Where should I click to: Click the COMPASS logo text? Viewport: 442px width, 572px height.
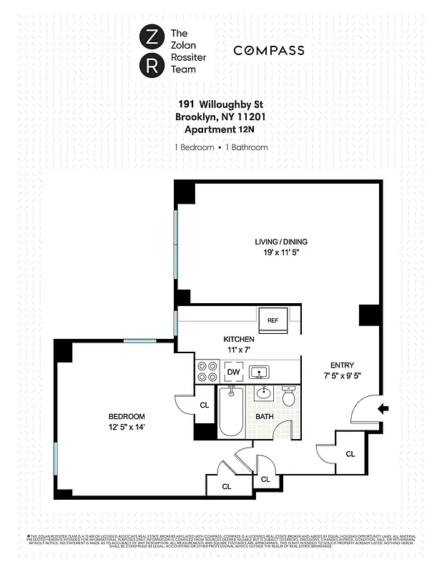(269, 50)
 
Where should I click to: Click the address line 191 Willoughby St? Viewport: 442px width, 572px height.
(220, 104)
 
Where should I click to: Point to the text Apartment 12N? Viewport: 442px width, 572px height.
(220, 129)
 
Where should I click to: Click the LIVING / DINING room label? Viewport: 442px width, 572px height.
(277, 242)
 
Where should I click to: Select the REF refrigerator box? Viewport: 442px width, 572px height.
(272, 320)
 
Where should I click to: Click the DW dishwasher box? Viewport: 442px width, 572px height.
(233, 372)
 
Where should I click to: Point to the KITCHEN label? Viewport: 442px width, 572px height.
(239, 339)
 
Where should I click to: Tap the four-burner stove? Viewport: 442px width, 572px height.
(207, 372)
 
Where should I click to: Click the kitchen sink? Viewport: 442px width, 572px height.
(258, 372)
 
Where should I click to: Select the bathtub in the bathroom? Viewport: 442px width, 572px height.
(231, 410)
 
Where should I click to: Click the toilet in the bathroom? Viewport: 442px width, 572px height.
(289, 397)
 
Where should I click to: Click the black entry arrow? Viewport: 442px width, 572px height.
(383, 409)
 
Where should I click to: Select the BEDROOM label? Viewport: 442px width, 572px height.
(127, 416)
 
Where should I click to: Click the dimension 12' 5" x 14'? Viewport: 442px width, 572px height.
(127, 428)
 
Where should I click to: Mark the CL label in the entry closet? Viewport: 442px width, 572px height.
(350, 453)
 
